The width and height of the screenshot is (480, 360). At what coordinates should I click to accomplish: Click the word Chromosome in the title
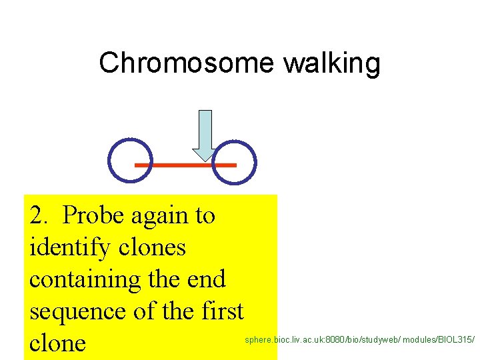(186, 63)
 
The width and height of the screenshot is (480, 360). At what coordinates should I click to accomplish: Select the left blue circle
(128, 161)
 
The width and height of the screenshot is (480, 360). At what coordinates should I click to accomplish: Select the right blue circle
(234, 161)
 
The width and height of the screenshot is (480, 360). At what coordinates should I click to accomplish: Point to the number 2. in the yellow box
(41, 215)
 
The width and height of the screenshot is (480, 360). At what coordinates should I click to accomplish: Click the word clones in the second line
(153, 247)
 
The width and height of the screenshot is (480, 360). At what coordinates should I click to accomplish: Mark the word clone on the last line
(57, 343)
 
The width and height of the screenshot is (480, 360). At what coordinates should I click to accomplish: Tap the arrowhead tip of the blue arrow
(206, 159)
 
